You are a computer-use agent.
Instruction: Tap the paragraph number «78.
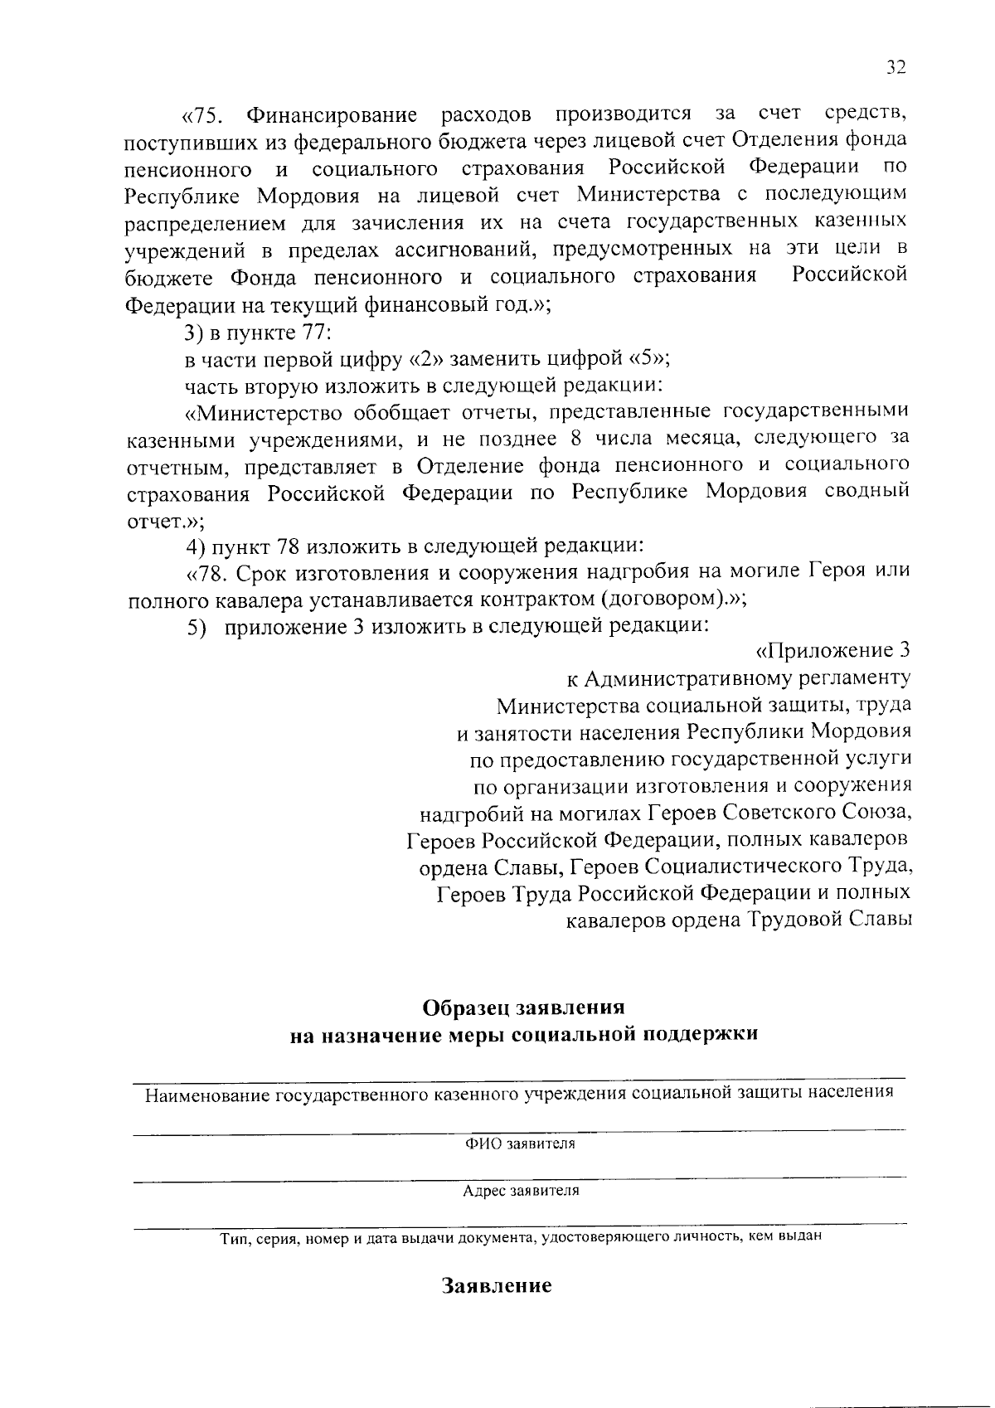[205, 572]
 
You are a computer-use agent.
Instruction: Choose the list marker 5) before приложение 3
[195, 627]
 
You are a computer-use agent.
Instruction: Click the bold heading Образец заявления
[523, 1007]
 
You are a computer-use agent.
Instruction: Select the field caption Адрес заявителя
[521, 1191]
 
